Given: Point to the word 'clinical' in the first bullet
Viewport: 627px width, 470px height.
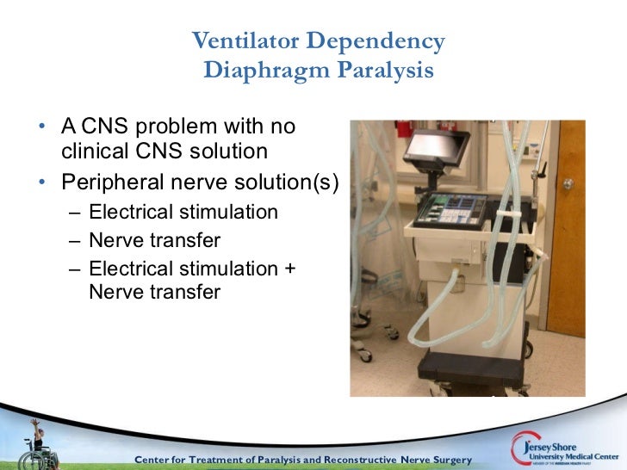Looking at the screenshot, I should (96, 152).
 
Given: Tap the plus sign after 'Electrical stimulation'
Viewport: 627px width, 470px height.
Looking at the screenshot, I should (289, 269).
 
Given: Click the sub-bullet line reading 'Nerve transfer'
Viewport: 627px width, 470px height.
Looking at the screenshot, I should (154, 240).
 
